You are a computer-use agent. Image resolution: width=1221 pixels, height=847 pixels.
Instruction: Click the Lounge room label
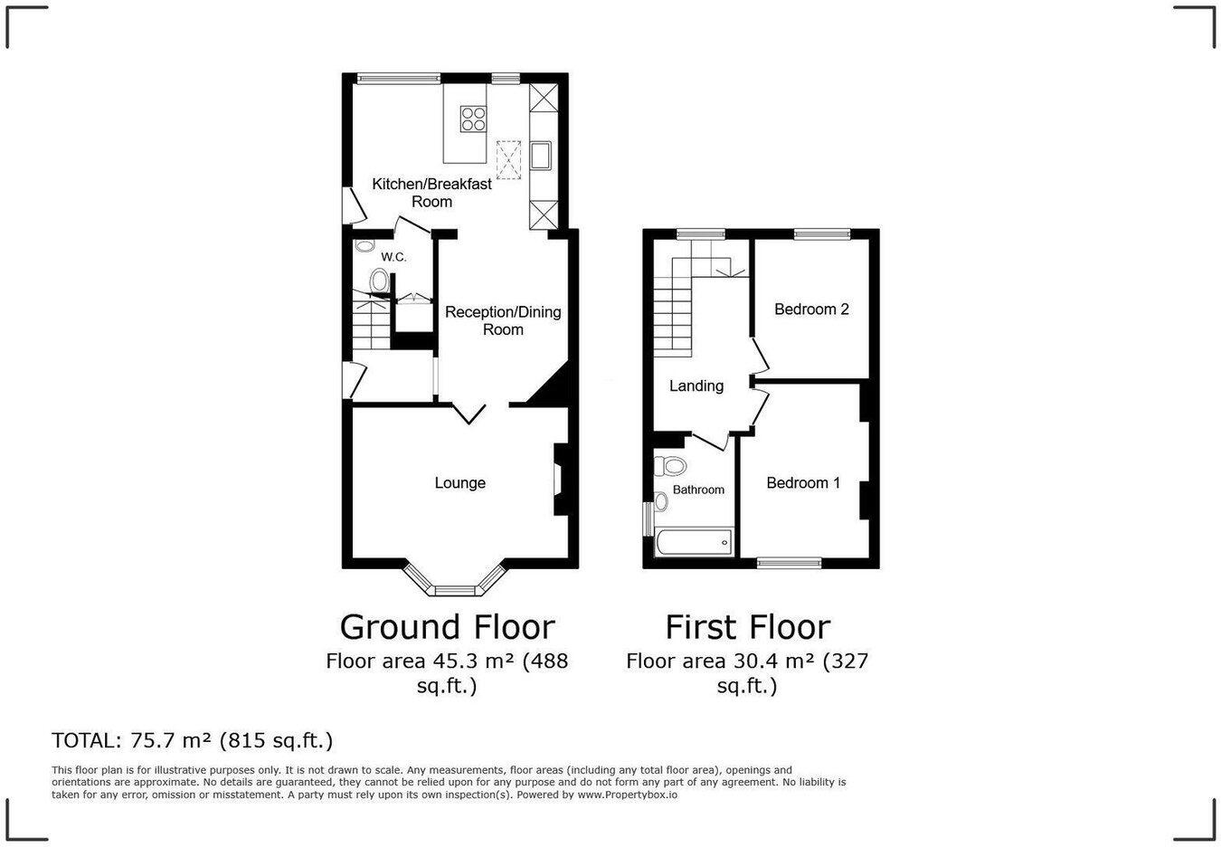[459, 483]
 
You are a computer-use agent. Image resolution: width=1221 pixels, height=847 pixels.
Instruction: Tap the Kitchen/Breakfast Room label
[432, 193]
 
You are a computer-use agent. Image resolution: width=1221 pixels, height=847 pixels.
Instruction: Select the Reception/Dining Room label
[503, 320]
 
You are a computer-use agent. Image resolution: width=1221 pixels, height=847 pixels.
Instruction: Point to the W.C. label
[393, 257]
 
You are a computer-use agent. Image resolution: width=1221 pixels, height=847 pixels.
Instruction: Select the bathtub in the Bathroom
[693, 543]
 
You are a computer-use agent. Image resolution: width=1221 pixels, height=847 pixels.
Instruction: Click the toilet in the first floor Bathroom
[671, 466]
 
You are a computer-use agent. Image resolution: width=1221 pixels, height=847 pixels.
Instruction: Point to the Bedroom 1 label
[803, 483]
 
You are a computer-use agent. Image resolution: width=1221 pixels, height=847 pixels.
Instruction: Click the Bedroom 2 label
[811, 309]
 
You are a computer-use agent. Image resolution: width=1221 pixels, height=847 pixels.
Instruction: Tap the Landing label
[696, 386]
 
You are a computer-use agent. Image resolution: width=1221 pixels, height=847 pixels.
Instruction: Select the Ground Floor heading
[447, 627]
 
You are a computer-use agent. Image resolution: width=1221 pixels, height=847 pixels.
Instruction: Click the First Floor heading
[748, 627]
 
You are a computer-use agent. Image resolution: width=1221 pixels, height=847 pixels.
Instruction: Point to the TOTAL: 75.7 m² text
[193, 741]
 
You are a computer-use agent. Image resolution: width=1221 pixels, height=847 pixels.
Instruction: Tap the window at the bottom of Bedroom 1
[790, 563]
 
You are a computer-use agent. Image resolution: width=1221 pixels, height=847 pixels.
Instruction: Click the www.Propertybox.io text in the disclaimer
[627, 795]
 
